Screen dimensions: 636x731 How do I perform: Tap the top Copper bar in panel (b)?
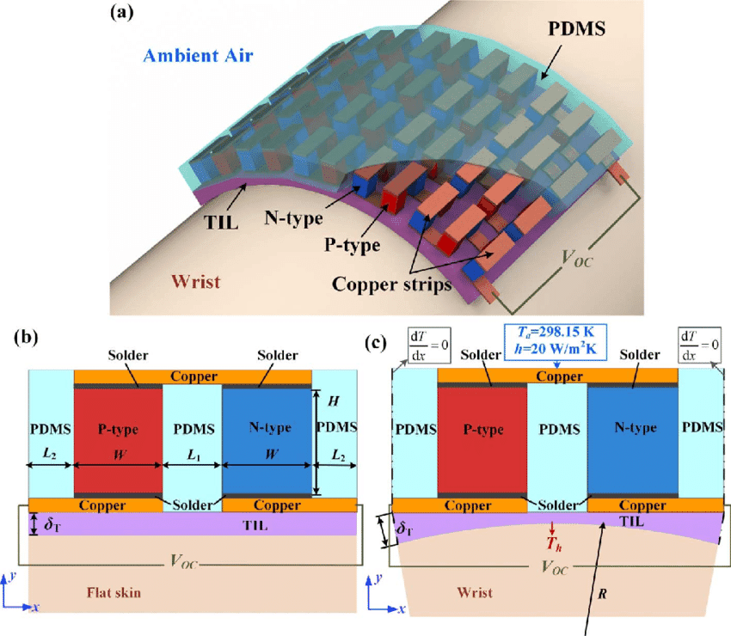193,376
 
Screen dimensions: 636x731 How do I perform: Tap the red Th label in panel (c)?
552,543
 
